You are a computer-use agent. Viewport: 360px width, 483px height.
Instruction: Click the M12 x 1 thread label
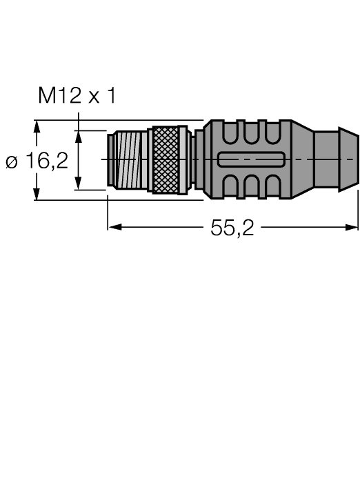click(x=77, y=96)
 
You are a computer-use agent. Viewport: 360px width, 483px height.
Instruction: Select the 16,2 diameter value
click(x=48, y=161)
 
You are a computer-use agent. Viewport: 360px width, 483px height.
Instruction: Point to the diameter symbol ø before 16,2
click(x=12, y=163)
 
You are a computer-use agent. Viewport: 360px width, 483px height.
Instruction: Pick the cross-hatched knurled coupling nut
click(x=165, y=160)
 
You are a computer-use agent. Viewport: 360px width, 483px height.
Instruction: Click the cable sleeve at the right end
click(x=335, y=160)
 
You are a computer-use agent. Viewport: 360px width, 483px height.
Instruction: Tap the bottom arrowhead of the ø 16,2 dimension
click(x=37, y=195)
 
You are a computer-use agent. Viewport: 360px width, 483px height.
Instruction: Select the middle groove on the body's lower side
click(x=250, y=187)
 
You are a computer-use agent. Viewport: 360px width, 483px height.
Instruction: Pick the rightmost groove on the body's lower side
click(x=270, y=187)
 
